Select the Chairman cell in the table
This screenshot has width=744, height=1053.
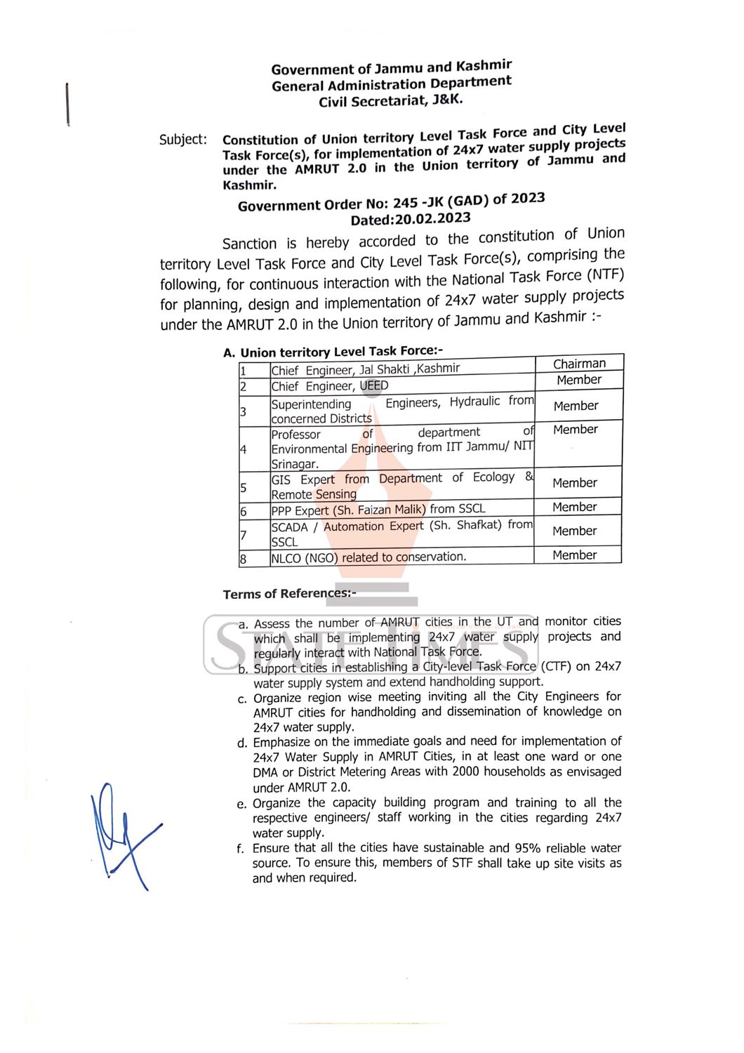tap(578, 364)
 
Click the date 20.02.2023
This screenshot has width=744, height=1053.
tap(432, 218)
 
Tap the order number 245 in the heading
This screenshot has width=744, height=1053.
tap(406, 203)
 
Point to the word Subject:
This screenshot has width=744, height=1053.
tap(183, 139)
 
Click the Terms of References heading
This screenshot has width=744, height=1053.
tap(289, 594)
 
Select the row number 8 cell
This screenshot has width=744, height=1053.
tap(244, 559)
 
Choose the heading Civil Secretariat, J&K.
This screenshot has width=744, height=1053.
tap(391, 100)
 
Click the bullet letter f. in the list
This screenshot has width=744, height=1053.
tap(241, 849)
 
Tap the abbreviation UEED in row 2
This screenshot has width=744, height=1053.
tap(373, 385)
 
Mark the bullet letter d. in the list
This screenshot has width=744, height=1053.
tap(241, 743)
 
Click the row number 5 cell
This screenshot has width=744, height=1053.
tap(244, 487)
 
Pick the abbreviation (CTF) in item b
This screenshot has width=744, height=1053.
tap(556, 666)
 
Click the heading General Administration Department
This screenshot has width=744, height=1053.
tap(392, 84)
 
